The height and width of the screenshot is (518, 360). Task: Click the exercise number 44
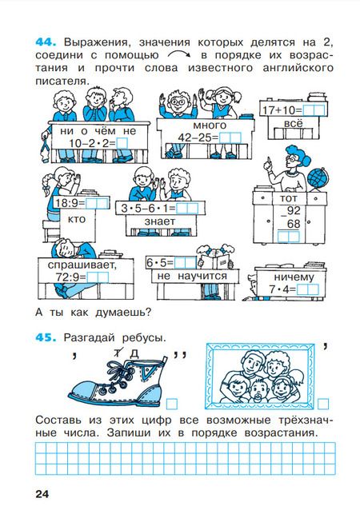pyautogui.click(x=46, y=42)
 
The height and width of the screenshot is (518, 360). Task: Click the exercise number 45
pyautogui.click(x=46, y=337)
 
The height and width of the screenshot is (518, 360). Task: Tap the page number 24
pyautogui.click(x=42, y=494)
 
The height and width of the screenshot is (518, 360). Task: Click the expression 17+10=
pyautogui.click(x=282, y=110)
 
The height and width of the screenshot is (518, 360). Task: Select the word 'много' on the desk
pyautogui.click(x=210, y=126)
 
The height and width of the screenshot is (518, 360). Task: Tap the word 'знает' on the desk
pyautogui.click(x=160, y=221)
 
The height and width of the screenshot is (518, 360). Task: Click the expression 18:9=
pyautogui.click(x=70, y=203)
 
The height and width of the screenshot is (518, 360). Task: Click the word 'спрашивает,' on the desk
pyautogui.click(x=82, y=265)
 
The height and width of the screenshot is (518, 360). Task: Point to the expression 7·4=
pyautogui.click(x=282, y=289)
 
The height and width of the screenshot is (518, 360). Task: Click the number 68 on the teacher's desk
pyautogui.click(x=294, y=224)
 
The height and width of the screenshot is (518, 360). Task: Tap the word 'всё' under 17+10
pyautogui.click(x=294, y=124)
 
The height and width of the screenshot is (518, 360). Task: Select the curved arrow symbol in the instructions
pyautogui.click(x=179, y=54)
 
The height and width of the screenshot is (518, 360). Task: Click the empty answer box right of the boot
pyautogui.click(x=172, y=404)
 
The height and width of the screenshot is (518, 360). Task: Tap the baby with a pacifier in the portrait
pyautogui.click(x=258, y=390)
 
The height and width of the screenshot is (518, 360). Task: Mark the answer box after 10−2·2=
pyautogui.click(x=122, y=143)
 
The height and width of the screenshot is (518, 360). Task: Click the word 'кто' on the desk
pyautogui.click(x=76, y=219)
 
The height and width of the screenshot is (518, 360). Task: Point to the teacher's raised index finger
pyautogui.click(x=269, y=160)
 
